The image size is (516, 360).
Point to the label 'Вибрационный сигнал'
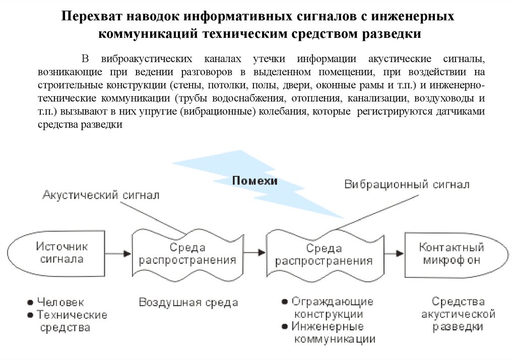pos(407,185)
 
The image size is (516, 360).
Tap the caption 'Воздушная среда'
pos(188,303)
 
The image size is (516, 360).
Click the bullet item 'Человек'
pos(60,303)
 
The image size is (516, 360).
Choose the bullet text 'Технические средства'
pos(71,321)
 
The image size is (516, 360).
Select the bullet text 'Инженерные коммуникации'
pos(333,332)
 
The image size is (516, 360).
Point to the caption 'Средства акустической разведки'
pos(458,314)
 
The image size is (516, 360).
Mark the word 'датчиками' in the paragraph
pos(462,111)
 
